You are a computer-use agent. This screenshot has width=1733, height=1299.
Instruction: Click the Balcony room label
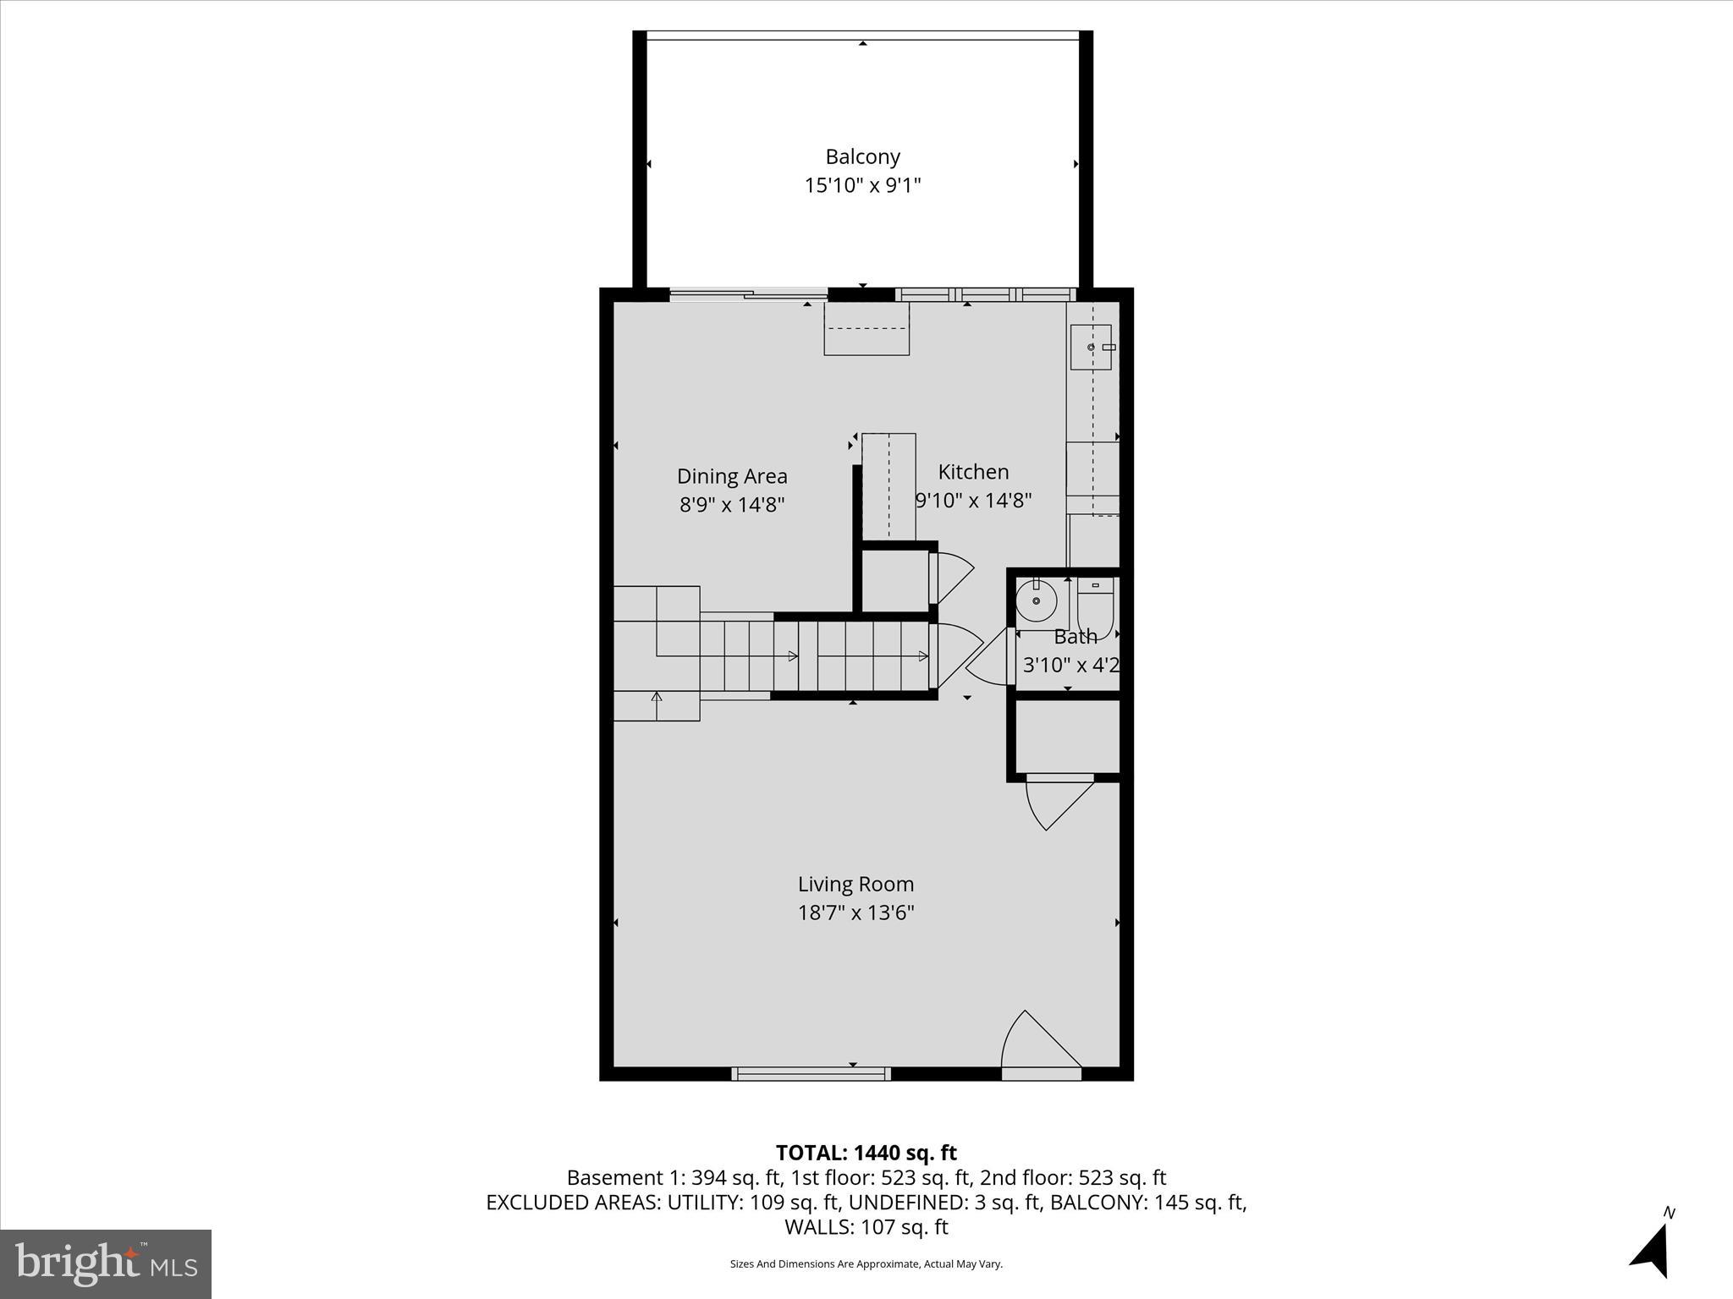click(862, 156)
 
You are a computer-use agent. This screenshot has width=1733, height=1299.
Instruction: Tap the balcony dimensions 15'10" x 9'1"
click(862, 185)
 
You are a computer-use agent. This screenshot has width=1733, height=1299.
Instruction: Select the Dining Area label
click(732, 476)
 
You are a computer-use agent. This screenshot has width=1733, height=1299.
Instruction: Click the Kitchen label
click(973, 472)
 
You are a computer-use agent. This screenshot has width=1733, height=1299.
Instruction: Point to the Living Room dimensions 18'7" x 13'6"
click(855, 913)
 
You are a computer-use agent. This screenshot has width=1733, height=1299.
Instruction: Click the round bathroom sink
click(1036, 601)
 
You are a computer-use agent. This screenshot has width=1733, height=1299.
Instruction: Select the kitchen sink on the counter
click(1091, 348)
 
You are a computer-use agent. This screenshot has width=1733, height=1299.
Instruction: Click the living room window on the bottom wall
click(811, 1073)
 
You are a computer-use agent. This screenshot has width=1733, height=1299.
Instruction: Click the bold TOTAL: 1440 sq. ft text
click(866, 1153)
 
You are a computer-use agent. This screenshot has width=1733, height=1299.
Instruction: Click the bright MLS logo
click(106, 1263)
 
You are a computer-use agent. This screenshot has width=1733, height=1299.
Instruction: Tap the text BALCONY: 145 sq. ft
click(1147, 1203)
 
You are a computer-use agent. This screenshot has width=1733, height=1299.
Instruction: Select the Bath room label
click(1075, 637)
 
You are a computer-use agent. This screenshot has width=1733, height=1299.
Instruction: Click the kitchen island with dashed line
click(889, 485)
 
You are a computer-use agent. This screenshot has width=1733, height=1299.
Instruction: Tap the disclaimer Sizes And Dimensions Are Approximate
click(866, 1263)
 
